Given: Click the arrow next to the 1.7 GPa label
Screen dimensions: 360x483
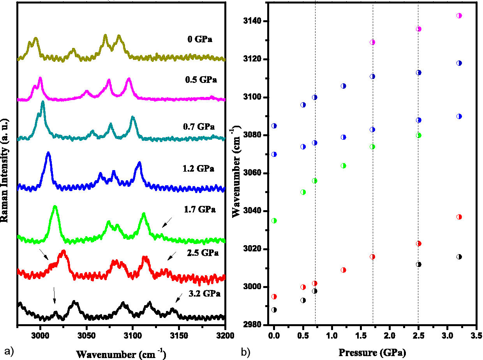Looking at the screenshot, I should pyautogui.click(x=167, y=223).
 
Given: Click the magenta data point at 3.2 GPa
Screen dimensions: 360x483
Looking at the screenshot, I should pyautogui.click(x=459, y=16).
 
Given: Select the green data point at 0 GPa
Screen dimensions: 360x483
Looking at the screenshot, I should pyautogui.click(x=274, y=221).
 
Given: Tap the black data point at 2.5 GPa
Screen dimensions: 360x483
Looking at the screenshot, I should pyautogui.click(x=419, y=264).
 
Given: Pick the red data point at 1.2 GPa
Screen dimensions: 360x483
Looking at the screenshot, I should pyautogui.click(x=343, y=270).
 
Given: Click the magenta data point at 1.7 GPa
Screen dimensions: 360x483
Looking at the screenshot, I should pyautogui.click(x=372, y=42).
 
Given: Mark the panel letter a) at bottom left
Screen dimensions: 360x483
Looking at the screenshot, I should pyautogui.click(x=8, y=351).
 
